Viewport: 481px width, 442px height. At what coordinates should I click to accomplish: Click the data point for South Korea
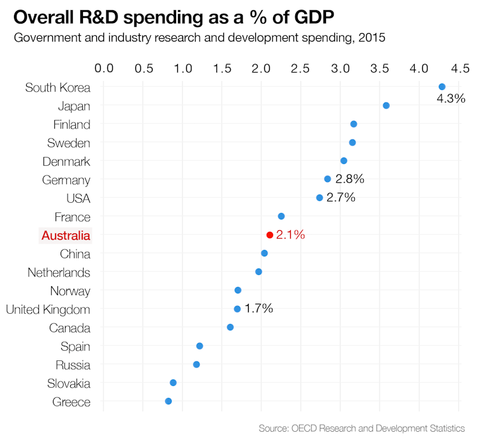click(442, 87)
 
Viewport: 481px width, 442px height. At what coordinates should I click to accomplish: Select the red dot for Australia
click(270, 235)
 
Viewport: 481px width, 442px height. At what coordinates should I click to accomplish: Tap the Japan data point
click(386, 105)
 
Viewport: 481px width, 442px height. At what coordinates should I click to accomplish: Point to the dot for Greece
click(168, 401)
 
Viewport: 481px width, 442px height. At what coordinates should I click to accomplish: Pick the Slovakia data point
click(173, 383)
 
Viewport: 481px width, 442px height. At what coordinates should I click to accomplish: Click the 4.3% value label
click(451, 99)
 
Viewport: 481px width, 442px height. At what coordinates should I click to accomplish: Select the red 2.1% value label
click(290, 235)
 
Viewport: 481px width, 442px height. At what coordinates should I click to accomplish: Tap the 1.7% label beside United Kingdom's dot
click(258, 309)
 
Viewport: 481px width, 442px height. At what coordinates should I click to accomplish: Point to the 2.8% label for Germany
click(349, 179)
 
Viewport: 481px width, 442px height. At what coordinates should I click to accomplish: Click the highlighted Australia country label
click(66, 235)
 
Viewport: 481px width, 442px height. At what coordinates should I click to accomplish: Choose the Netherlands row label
click(59, 272)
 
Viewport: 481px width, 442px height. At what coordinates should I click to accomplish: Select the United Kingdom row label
click(48, 309)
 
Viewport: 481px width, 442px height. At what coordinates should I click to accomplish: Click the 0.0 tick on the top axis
click(104, 68)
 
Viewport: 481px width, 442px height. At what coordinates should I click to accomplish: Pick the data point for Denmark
click(344, 161)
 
